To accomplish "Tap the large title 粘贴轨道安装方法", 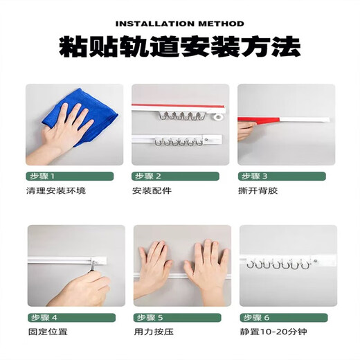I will coord(180,47).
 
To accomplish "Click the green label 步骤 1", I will coord(43,176).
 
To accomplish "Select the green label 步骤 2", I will coord(149,176).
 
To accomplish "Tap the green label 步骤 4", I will coord(43,316).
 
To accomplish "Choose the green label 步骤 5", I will coord(149,316).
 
